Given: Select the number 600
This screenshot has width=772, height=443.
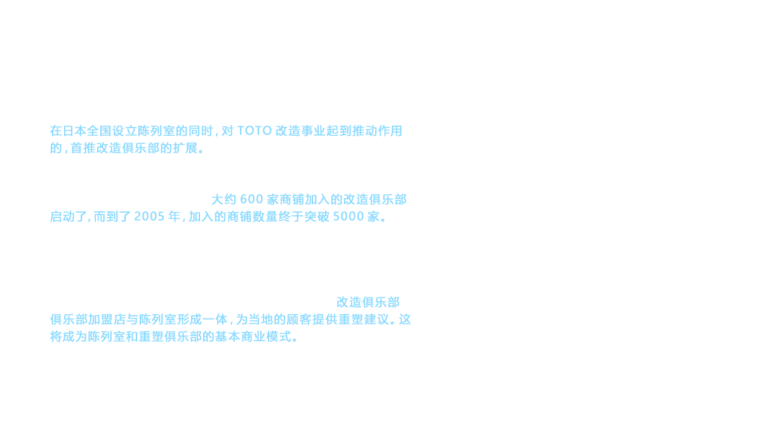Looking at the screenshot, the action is (251, 199).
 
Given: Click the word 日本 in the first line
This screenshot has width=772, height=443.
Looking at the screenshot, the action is (74, 131).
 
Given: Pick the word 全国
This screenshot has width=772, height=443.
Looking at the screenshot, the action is (99, 131).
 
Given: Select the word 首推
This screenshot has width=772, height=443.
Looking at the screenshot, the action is (83, 148).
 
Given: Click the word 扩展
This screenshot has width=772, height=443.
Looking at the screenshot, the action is (185, 148).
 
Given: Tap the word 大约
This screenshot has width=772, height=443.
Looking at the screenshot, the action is (223, 199).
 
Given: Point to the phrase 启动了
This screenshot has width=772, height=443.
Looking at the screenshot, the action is (69, 216).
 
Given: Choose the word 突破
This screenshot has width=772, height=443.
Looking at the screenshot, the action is (317, 216).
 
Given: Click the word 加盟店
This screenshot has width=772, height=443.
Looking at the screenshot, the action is (106, 320).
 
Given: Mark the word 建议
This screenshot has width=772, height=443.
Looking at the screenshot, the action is (376, 320).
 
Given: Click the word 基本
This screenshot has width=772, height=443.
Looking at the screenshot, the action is (227, 336).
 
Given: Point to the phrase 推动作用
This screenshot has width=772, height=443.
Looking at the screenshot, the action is (377, 131).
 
